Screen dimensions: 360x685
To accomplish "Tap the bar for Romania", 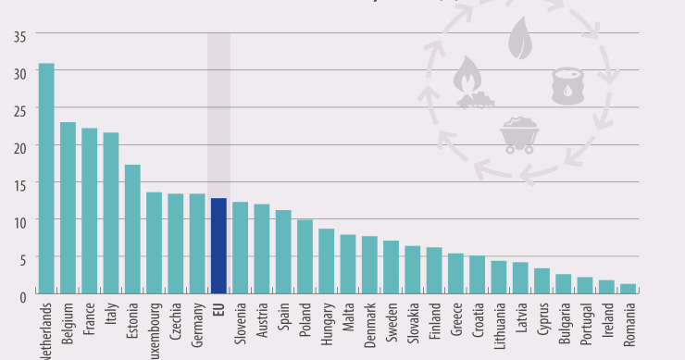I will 629,289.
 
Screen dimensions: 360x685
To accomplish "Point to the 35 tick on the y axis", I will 19,36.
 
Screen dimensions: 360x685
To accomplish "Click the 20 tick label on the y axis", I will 19,146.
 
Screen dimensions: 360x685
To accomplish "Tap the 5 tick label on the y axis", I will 22,258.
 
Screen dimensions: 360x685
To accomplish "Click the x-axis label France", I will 90,320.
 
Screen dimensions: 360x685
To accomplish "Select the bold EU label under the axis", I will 219,311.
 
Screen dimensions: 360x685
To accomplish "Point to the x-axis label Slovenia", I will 241,325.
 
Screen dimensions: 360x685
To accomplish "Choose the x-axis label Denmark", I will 370,325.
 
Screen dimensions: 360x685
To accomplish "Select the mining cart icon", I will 520,134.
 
